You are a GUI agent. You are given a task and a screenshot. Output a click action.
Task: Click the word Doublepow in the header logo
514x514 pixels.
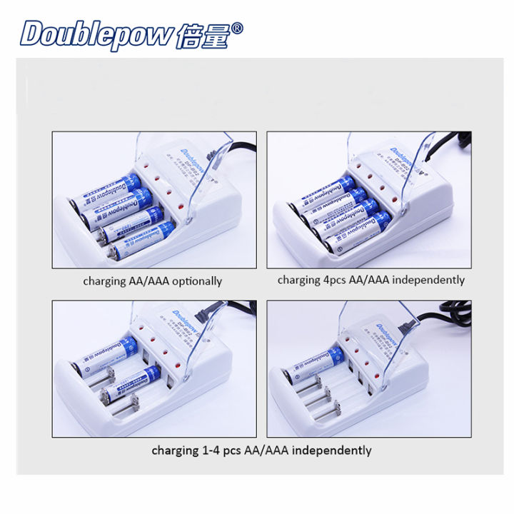(96, 34)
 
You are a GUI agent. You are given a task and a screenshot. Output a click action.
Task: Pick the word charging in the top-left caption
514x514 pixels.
(104, 281)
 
